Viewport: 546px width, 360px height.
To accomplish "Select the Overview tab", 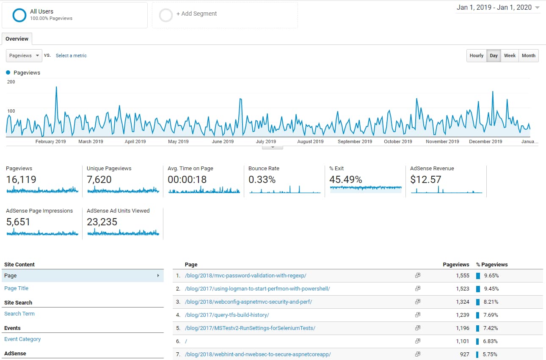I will pos(17,39).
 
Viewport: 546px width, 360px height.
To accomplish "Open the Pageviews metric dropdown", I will pos(24,55).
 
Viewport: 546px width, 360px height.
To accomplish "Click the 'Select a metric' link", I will pos(71,55).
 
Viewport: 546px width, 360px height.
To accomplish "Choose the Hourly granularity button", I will pos(476,55).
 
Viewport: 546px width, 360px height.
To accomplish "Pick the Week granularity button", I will pos(510,55).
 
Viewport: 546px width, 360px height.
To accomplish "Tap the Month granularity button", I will pos(528,55).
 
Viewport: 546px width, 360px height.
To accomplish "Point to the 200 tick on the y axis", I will pos(11,82).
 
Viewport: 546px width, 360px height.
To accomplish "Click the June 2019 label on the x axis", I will pos(223,141).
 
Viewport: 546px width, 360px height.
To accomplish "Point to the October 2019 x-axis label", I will pos(398,141).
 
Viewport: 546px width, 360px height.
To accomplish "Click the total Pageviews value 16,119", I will pos(21,180).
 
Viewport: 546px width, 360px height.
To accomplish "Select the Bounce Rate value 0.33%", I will pos(262,180).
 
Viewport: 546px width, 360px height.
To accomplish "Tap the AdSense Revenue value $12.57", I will pos(425,180).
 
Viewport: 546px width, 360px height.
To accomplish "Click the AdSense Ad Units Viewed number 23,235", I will pos(102,222).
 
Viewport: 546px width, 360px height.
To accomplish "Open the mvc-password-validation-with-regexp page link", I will pos(245,276).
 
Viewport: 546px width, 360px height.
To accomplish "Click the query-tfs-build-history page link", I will pos(227,315).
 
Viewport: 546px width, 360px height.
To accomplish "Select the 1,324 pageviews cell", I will pos(462,302).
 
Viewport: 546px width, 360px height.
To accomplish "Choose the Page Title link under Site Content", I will pos(17,288).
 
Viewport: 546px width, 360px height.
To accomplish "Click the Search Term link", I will pos(19,314).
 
